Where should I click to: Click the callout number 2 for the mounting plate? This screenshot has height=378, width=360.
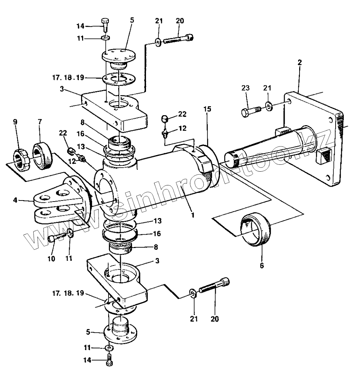click(299, 63)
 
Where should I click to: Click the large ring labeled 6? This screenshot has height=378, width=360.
click(256, 229)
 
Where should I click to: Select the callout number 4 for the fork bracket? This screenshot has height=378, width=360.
click(15, 200)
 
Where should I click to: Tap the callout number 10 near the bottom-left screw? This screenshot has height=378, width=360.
click(51, 259)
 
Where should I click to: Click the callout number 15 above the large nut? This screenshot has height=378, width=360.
click(207, 109)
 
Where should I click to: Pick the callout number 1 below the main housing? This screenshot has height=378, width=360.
click(192, 215)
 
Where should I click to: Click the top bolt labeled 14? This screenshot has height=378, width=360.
click(105, 24)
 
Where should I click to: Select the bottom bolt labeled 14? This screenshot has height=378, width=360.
click(109, 360)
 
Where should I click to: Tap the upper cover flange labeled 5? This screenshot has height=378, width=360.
click(119, 58)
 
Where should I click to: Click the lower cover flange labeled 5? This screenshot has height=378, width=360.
click(120, 330)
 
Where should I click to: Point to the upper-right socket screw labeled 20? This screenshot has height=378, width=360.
click(178, 39)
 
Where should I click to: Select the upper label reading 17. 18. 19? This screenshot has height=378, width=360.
click(68, 78)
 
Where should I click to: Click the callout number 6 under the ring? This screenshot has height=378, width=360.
click(262, 266)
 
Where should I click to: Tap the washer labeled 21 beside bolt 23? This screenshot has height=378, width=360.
click(269, 106)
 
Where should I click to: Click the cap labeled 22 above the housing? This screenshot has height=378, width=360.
click(165, 118)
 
